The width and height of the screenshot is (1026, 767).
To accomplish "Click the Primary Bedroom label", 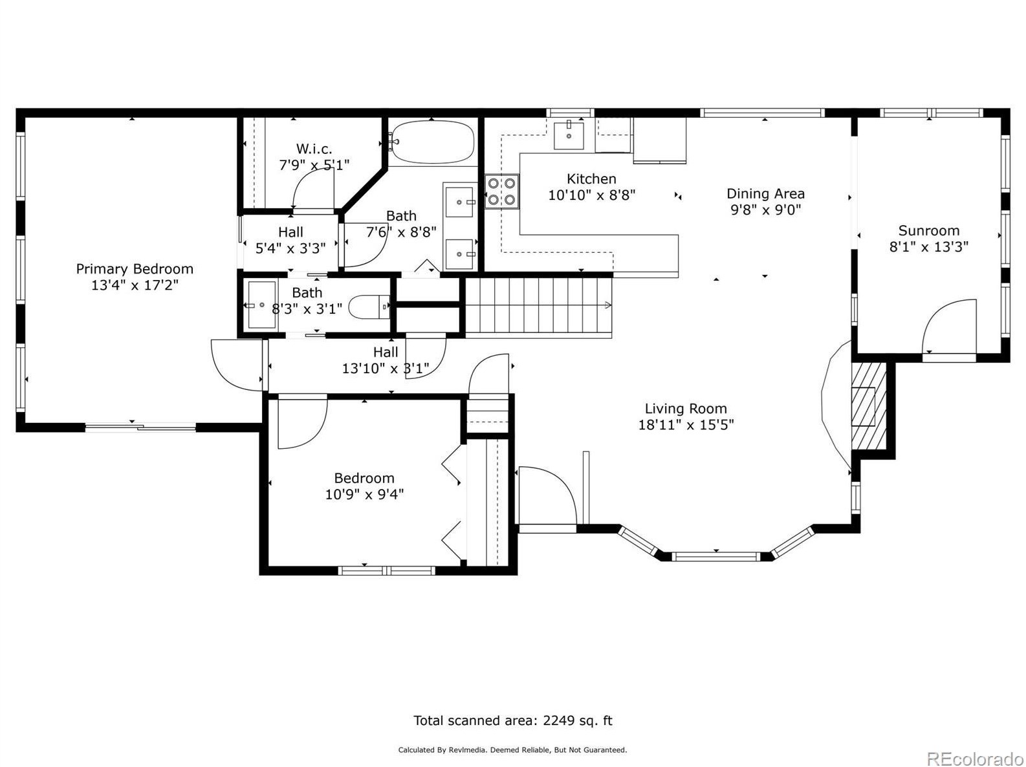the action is tap(134, 268).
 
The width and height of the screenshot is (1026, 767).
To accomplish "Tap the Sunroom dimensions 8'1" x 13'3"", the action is tap(928, 246).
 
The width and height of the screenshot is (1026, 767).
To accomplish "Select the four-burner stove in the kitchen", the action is tap(501, 191).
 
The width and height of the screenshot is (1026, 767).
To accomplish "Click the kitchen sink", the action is tap(568, 135).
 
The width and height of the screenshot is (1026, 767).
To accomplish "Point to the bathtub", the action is tap(431, 142).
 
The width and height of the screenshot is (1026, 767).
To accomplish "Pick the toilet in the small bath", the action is tap(369, 307).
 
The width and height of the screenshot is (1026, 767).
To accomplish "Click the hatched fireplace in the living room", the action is tap(869, 406).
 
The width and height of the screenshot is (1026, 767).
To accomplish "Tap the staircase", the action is tap(538, 305).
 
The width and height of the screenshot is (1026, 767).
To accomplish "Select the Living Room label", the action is tap(685, 408).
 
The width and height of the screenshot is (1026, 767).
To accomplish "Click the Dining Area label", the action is tap(765, 193).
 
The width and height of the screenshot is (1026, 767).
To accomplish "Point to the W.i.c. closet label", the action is tap(314, 149).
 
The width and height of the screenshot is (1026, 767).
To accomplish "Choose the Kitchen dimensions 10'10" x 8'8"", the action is tap(591, 195).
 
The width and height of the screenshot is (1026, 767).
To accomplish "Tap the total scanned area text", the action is tap(512, 720).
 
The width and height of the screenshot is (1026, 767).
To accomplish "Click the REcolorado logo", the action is tap(975, 758).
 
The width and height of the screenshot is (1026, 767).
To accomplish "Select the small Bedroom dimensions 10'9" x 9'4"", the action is tap(364, 493).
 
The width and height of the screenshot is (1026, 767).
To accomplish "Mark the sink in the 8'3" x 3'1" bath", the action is tap(262, 305).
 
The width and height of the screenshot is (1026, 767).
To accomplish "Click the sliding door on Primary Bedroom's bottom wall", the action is tap(140, 426).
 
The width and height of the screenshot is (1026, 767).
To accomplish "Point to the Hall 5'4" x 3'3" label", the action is tap(290, 240).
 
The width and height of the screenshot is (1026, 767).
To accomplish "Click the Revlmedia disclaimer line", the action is tap(512, 750).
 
